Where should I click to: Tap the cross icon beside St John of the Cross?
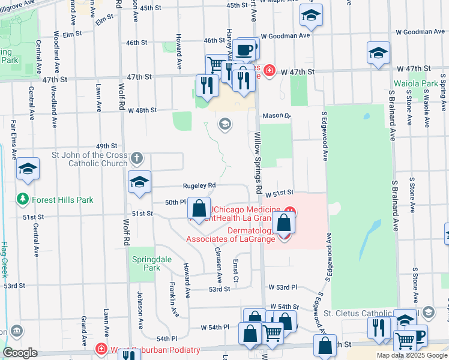137,158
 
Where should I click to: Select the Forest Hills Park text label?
63,200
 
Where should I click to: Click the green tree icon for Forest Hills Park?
22,199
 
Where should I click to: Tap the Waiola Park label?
415,83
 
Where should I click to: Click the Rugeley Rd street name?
186,185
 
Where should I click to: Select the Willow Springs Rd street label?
258,162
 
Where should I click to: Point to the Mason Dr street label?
276,115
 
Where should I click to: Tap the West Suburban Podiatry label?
155,350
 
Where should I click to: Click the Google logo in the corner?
20,353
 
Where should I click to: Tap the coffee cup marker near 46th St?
245,49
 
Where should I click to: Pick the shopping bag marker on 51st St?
199,209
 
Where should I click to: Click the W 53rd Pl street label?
283,288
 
